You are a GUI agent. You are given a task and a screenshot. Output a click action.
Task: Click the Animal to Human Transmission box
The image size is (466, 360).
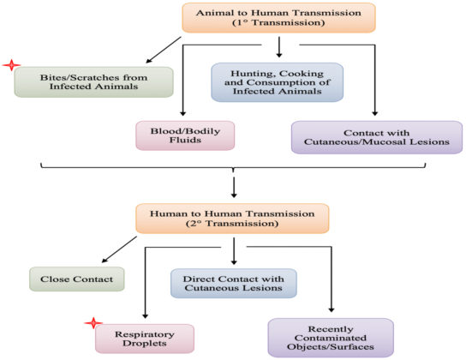[278, 18]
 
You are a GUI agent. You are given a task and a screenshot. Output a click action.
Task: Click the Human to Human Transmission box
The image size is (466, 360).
[233, 219]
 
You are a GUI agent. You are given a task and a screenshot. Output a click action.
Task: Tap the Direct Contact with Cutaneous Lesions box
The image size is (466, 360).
[233, 282]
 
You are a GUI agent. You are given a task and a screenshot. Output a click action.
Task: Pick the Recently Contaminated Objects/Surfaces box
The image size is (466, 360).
[331, 336]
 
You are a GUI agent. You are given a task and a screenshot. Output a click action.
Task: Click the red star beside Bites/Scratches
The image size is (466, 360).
[10, 67]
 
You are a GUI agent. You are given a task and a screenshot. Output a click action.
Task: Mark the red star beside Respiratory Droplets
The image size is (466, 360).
[92, 322]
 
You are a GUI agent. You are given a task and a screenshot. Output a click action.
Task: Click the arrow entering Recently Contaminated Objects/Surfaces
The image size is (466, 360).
[329, 300]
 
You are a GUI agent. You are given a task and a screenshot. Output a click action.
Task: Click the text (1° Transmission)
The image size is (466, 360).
[278, 24]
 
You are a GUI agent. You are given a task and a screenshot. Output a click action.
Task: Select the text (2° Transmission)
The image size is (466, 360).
[233, 225]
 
